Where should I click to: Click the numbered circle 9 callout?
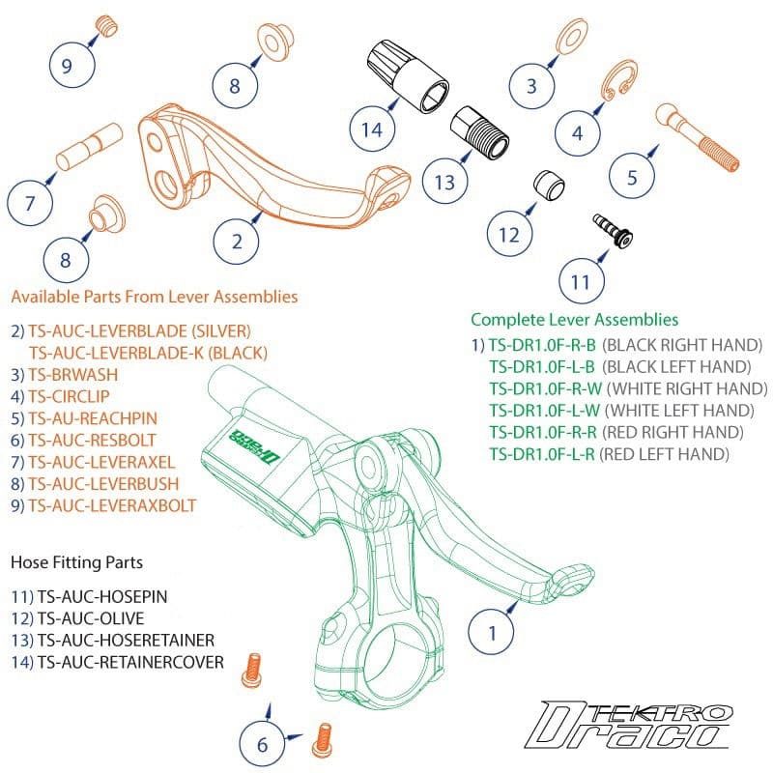click(x=67, y=66)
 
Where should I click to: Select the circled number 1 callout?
click(x=492, y=633)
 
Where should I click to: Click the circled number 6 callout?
click(x=262, y=744)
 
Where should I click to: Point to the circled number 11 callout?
click(x=581, y=281)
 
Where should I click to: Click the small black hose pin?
click(x=611, y=230)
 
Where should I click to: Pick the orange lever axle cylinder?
click(x=87, y=149)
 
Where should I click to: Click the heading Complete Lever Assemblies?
click(x=574, y=319)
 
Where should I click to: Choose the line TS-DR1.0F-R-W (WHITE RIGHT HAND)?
click(x=626, y=388)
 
